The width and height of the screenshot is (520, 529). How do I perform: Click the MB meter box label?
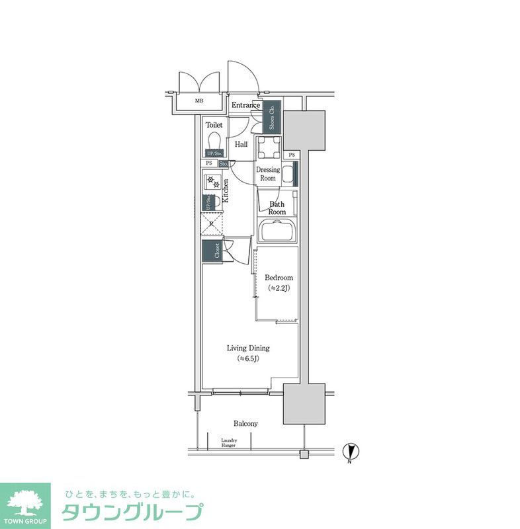tap(198, 101)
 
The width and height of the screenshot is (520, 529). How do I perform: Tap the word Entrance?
tap(245, 105)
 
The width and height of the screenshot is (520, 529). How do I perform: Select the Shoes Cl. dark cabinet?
tap(272, 118)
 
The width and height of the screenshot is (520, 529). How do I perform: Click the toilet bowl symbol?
tap(214, 141)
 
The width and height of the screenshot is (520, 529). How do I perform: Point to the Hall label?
tap(241, 143)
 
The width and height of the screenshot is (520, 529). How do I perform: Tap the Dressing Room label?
tap(268, 174)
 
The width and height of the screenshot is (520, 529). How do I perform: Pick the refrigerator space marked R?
tap(212, 224)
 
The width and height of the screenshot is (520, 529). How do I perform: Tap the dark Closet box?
tap(212, 251)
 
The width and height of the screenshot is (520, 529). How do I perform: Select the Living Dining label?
tap(248, 348)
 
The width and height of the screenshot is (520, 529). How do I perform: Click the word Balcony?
tap(245, 423)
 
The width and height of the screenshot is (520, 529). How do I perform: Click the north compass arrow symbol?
tap(353, 452)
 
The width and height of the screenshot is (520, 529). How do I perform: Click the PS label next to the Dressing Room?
tap(292, 155)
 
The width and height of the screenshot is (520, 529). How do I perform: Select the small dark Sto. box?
tap(223, 163)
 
